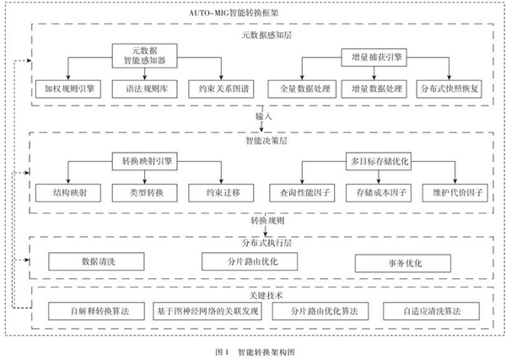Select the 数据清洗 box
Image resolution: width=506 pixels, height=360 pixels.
[90, 261]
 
